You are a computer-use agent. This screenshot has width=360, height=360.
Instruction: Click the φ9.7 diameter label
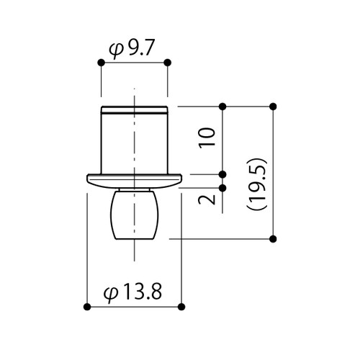(x=131, y=50)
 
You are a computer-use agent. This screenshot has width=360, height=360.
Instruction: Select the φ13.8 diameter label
(x=132, y=292)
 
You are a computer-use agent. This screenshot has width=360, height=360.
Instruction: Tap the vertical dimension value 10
(x=207, y=138)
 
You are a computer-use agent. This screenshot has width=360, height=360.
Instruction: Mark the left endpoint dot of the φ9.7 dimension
(x=102, y=63)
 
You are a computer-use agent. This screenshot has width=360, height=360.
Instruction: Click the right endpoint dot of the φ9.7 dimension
(x=168, y=63)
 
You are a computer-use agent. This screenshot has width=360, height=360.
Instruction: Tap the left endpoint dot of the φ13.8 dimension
(x=87, y=307)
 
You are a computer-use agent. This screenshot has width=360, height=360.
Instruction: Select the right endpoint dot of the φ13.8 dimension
(x=181, y=307)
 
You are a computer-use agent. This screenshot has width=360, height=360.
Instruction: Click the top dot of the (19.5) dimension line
(x=273, y=107)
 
